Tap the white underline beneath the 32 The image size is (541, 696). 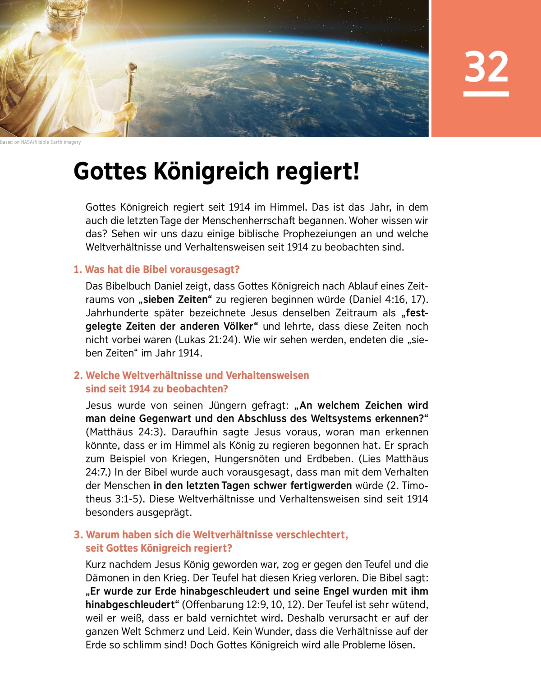click(x=486, y=94)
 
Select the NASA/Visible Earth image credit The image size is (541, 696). click(x=41, y=142)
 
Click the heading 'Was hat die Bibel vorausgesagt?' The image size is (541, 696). click(x=162, y=269)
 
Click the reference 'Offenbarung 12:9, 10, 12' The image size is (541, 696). click(x=239, y=605)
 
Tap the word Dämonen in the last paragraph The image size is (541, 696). click(x=106, y=578)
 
